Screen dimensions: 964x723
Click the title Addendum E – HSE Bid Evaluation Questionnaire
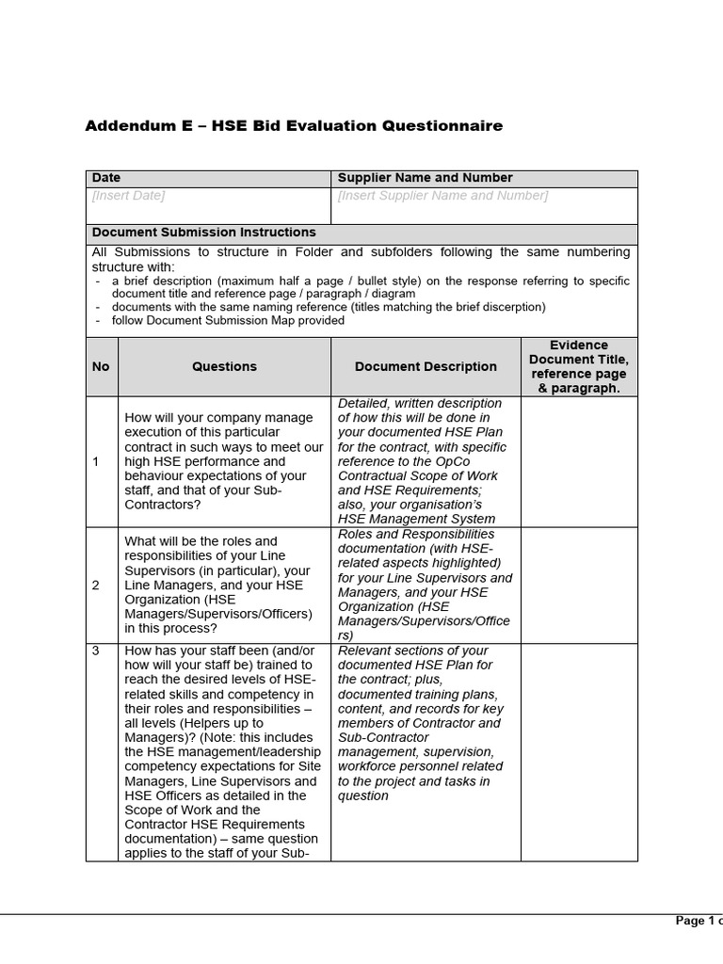click(294, 126)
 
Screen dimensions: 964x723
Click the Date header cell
click(106, 178)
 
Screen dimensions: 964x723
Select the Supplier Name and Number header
click(425, 178)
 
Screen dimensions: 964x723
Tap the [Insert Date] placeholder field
click(128, 196)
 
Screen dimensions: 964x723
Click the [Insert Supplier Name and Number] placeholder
click(442, 196)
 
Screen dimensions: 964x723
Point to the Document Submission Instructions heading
click(203, 233)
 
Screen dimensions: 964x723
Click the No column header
click(101, 366)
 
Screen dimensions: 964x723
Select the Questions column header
click(224, 366)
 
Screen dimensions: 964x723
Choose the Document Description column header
click(426, 366)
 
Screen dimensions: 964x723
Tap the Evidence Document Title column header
click(579, 366)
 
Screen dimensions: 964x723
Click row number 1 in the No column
click(95, 462)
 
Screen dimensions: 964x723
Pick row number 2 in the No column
click(95, 585)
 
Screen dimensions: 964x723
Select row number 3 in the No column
click(95, 651)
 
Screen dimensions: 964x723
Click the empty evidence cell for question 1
click(579, 461)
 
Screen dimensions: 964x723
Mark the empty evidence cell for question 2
click(579, 585)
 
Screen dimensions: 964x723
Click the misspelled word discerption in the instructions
click(512, 307)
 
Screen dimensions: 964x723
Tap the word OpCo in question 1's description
click(474, 461)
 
